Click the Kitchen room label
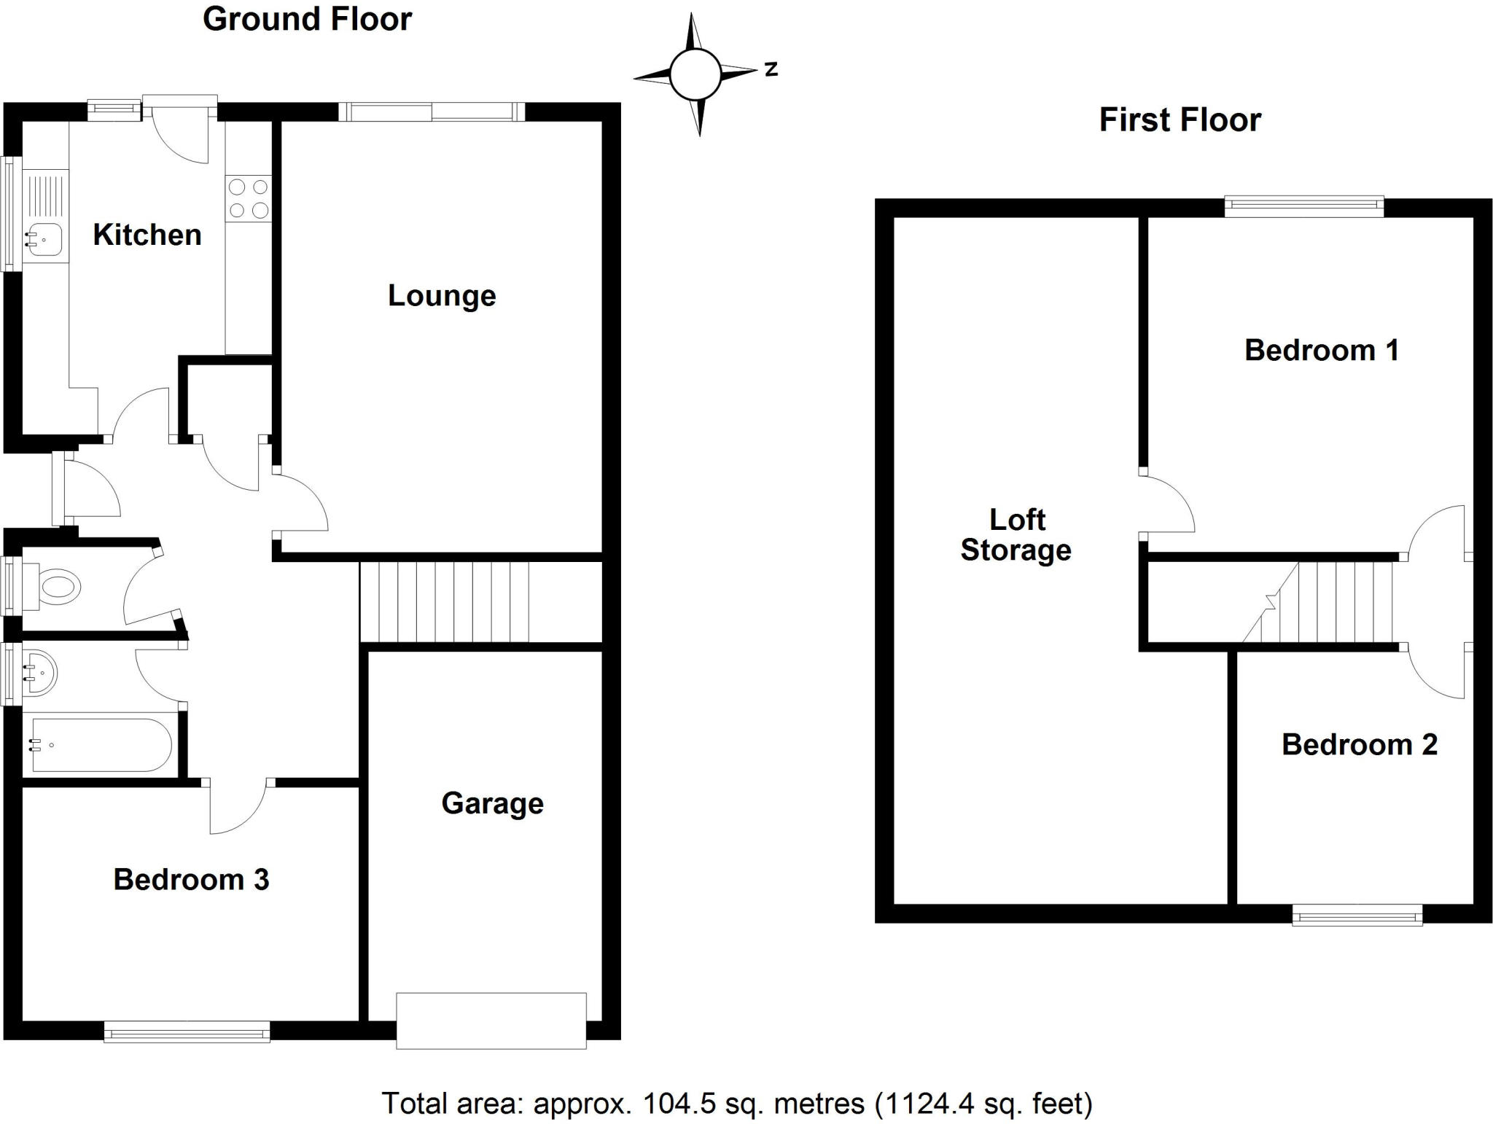tap(147, 235)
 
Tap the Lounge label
tap(442, 295)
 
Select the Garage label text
tap(492, 803)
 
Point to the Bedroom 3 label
tap(191, 879)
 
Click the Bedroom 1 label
tap(1321, 351)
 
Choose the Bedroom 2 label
tap(1359, 744)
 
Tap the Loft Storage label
tap(1016, 535)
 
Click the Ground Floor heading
tap(307, 20)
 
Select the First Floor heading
tap(1180, 120)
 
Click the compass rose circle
tap(695, 74)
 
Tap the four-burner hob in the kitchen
tap(249, 199)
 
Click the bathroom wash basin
tap(40, 672)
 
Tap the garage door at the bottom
tap(491, 1020)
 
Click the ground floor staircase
tap(445, 602)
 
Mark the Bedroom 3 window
tap(187, 1031)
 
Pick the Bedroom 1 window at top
tap(1303, 207)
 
